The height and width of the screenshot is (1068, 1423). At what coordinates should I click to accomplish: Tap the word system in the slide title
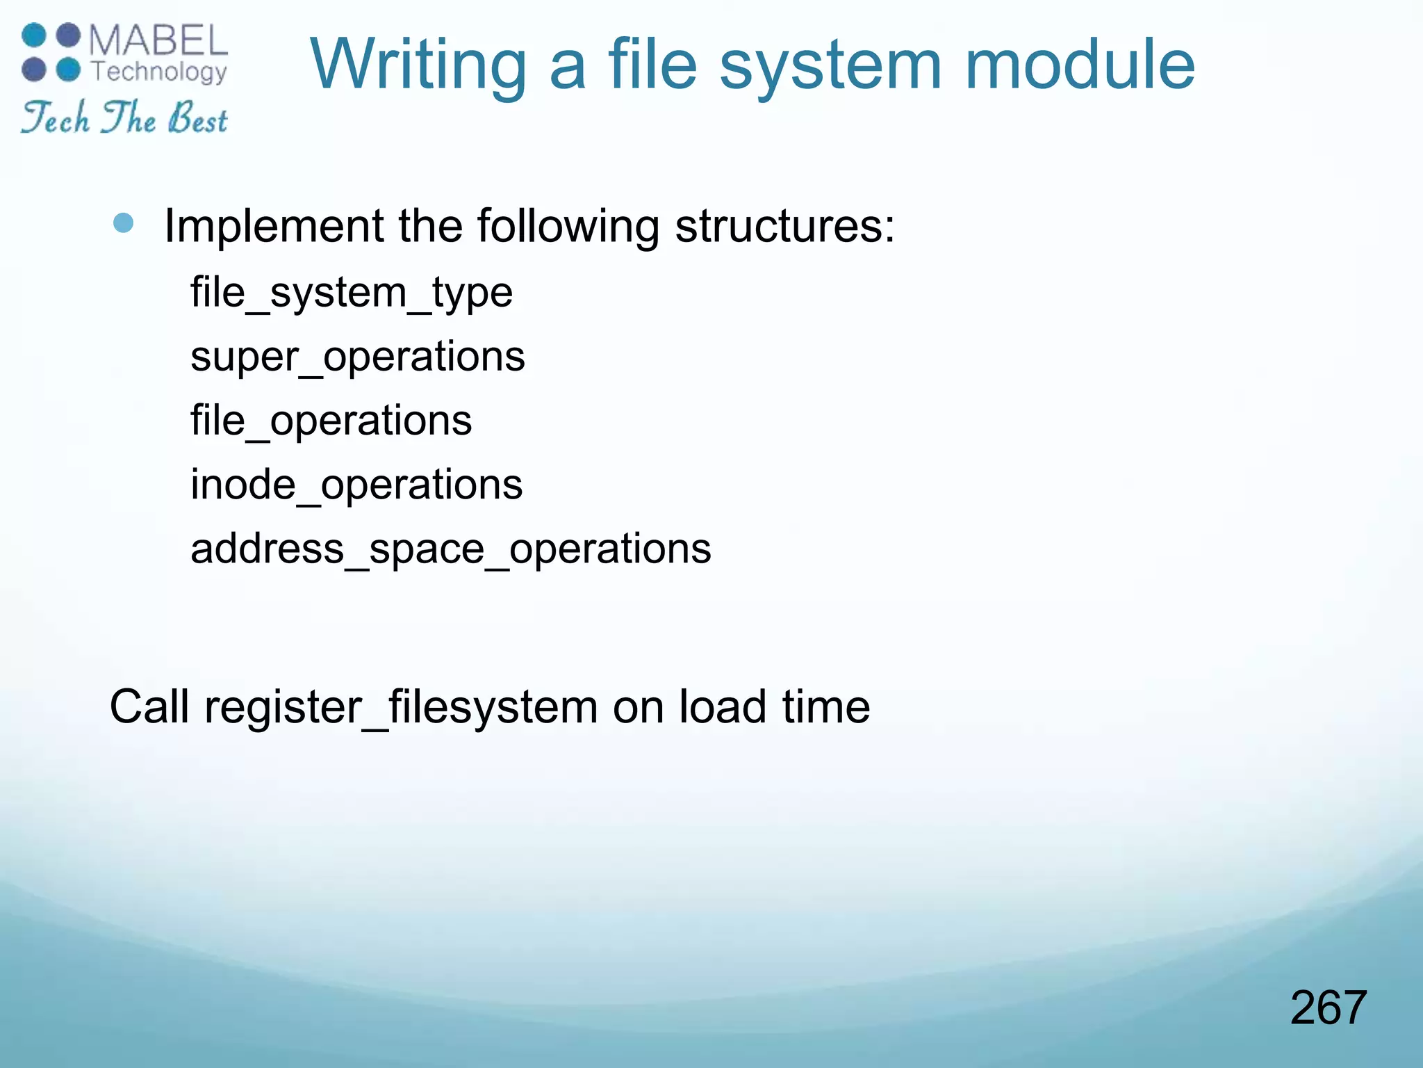pos(831,67)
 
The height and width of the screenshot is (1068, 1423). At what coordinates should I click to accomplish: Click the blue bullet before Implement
pos(123,222)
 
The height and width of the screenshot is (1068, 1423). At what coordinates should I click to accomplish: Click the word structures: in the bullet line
pos(785,227)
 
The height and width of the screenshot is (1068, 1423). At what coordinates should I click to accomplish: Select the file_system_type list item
pos(352,292)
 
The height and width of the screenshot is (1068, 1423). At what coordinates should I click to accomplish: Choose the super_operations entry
pos(357,357)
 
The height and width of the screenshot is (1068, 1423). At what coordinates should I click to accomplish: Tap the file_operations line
pos(331,421)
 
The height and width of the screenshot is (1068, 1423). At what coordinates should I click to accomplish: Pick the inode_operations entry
pos(356,485)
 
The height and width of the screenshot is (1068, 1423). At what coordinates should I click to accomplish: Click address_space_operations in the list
pos(450,549)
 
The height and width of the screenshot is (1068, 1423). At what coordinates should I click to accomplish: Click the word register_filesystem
pos(401,707)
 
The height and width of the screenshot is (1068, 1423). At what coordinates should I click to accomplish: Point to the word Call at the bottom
pos(149,707)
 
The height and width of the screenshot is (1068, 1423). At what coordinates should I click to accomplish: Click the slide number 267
pos(1328,1008)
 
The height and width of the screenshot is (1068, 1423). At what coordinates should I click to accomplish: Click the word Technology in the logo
pos(159,71)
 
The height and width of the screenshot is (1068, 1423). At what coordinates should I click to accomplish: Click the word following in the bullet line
pos(568,227)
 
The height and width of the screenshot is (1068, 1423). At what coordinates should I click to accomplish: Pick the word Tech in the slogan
pos(56,118)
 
